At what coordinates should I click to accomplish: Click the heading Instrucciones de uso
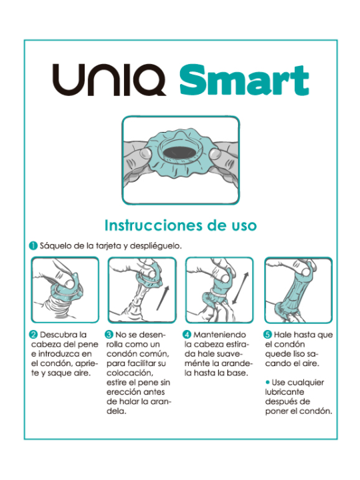180,225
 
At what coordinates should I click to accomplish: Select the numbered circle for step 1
33,245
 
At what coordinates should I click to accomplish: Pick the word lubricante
285,393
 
